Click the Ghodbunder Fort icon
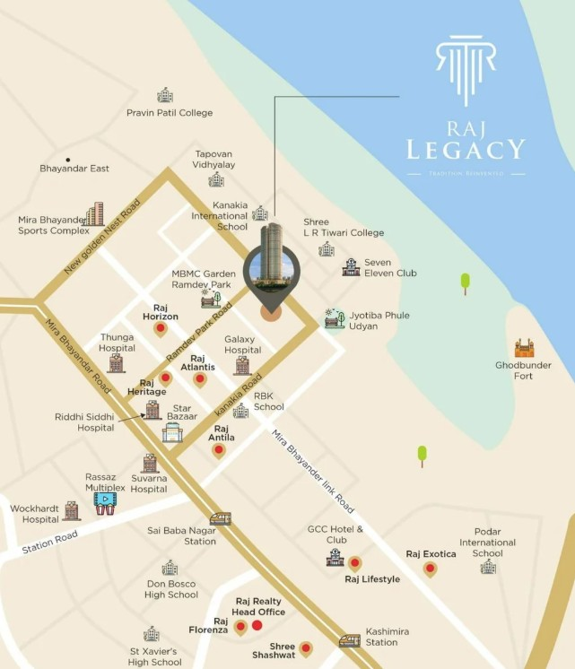[x=524, y=348]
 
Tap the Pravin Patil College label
[x=170, y=113]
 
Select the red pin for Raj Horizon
[x=161, y=329]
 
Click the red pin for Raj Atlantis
[x=200, y=379]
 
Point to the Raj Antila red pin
[x=218, y=450]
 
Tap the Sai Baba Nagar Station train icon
[x=220, y=518]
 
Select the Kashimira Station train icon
[x=350, y=640]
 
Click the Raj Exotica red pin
[x=431, y=569]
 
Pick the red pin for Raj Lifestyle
[x=354, y=564]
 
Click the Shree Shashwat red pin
[x=306, y=647]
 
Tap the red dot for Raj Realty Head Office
[x=257, y=625]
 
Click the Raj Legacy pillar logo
[x=465, y=70]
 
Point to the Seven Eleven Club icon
[x=351, y=266]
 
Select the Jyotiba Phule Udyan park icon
[x=335, y=318]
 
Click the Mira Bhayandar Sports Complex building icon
[x=94, y=214]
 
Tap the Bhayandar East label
[x=74, y=169]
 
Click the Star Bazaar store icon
[x=172, y=433]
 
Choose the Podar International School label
[x=487, y=543]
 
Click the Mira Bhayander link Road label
[x=314, y=471]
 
